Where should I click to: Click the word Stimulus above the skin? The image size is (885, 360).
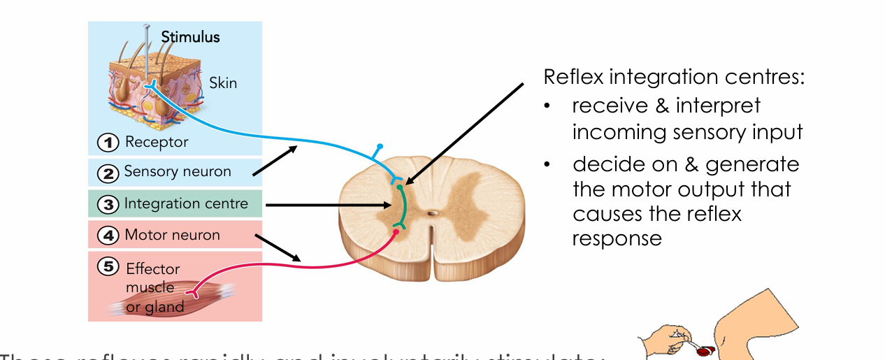pyautogui.click(x=190, y=36)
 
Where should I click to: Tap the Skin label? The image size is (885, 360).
pyautogui.click(x=223, y=83)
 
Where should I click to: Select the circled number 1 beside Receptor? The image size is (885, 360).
pyautogui.click(x=108, y=143)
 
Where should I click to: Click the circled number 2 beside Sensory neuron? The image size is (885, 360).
pyautogui.click(x=108, y=172)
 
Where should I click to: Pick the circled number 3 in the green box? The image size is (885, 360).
pyautogui.click(x=108, y=204)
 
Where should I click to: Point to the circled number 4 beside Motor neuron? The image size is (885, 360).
pyautogui.click(x=108, y=236)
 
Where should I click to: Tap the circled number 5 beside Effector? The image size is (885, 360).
pyautogui.click(x=108, y=266)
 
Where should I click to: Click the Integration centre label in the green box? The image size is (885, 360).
pyautogui.click(x=186, y=204)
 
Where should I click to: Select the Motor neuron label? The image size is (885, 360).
pyautogui.click(x=172, y=236)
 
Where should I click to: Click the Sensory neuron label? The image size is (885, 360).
pyautogui.click(x=178, y=172)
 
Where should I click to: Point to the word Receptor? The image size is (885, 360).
pyautogui.click(x=157, y=143)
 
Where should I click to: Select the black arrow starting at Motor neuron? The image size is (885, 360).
pyautogui.click(x=280, y=248)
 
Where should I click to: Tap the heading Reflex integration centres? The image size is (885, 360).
pyautogui.click(x=674, y=77)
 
